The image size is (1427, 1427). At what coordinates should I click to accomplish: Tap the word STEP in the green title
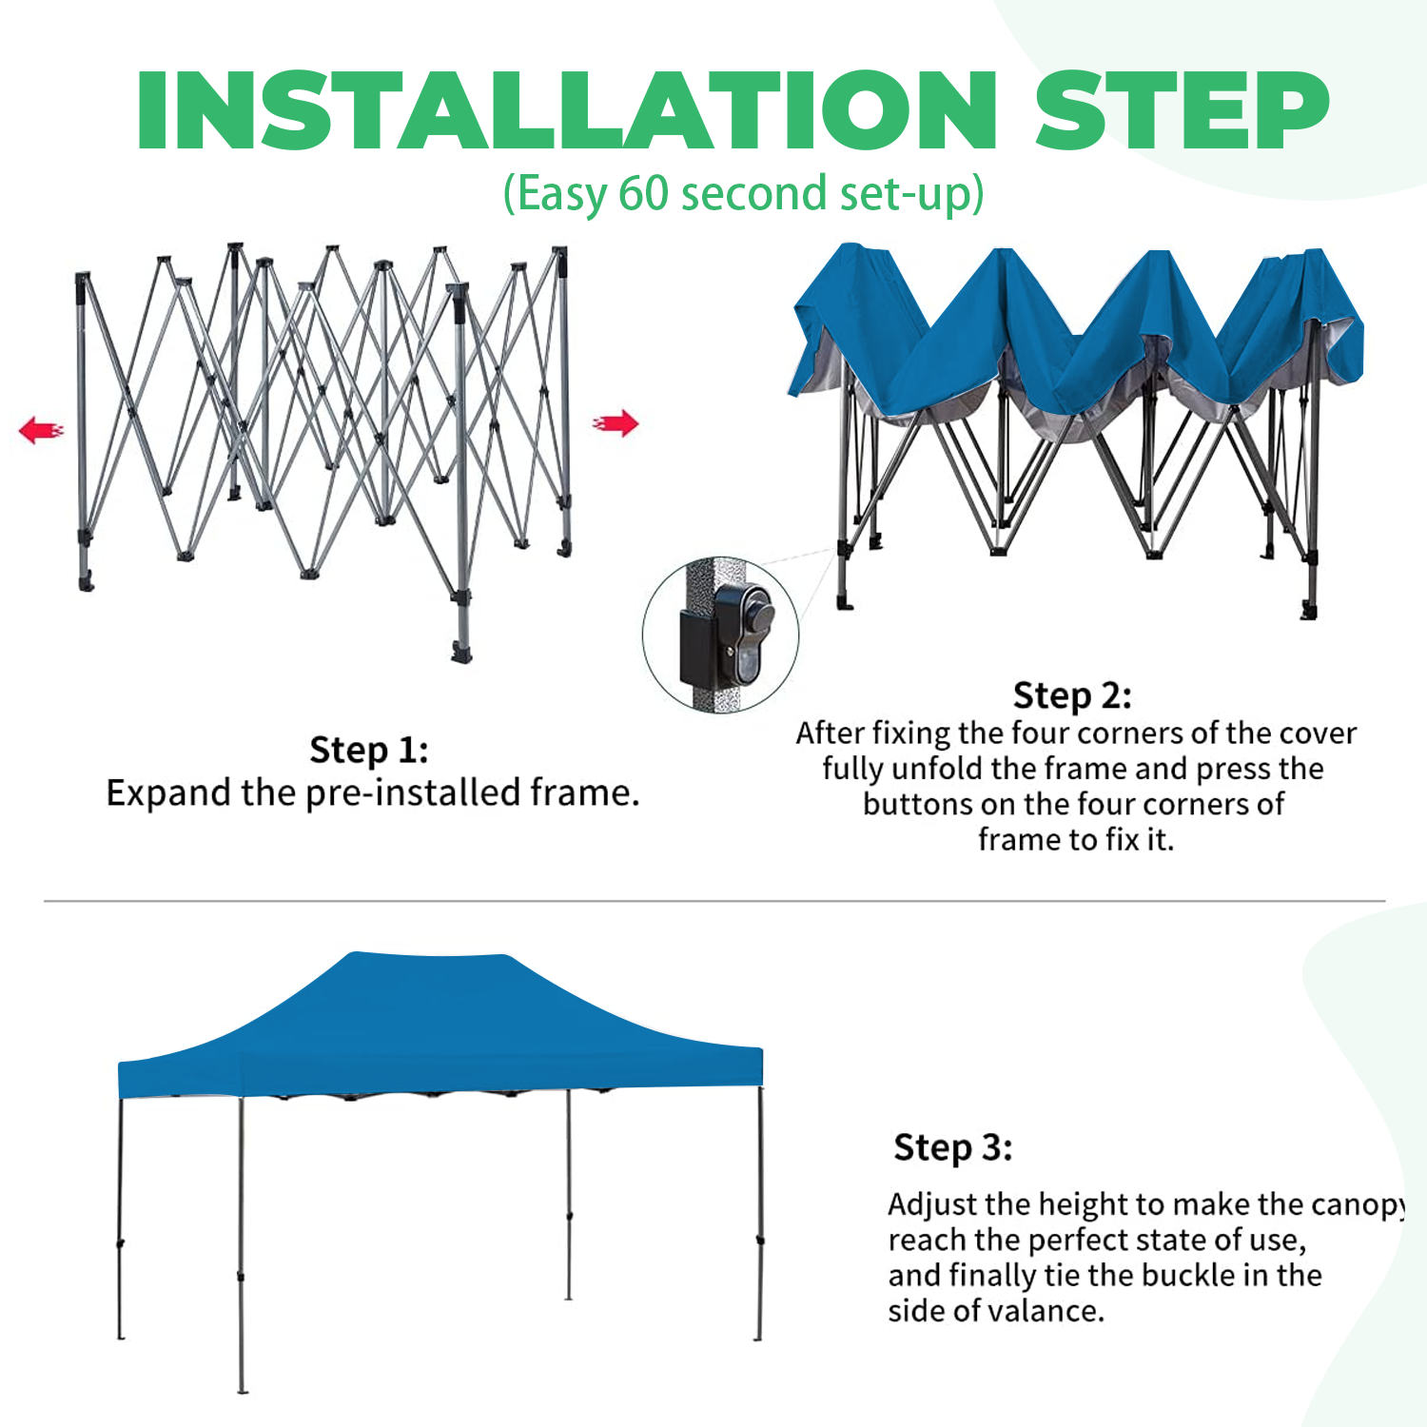tap(1182, 111)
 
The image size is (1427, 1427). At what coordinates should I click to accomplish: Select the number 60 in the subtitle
tap(644, 193)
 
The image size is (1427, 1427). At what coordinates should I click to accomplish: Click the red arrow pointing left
tap(41, 430)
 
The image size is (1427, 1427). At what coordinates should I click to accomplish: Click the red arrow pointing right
tap(616, 423)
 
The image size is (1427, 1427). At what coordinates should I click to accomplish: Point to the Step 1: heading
tap(369, 750)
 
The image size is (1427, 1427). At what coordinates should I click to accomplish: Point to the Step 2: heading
tap(1072, 695)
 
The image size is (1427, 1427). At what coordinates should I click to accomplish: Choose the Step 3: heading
tap(952, 1147)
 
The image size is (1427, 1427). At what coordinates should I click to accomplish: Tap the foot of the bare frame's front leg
tap(461, 655)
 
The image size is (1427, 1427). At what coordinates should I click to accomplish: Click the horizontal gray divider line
tap(713, 900)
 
